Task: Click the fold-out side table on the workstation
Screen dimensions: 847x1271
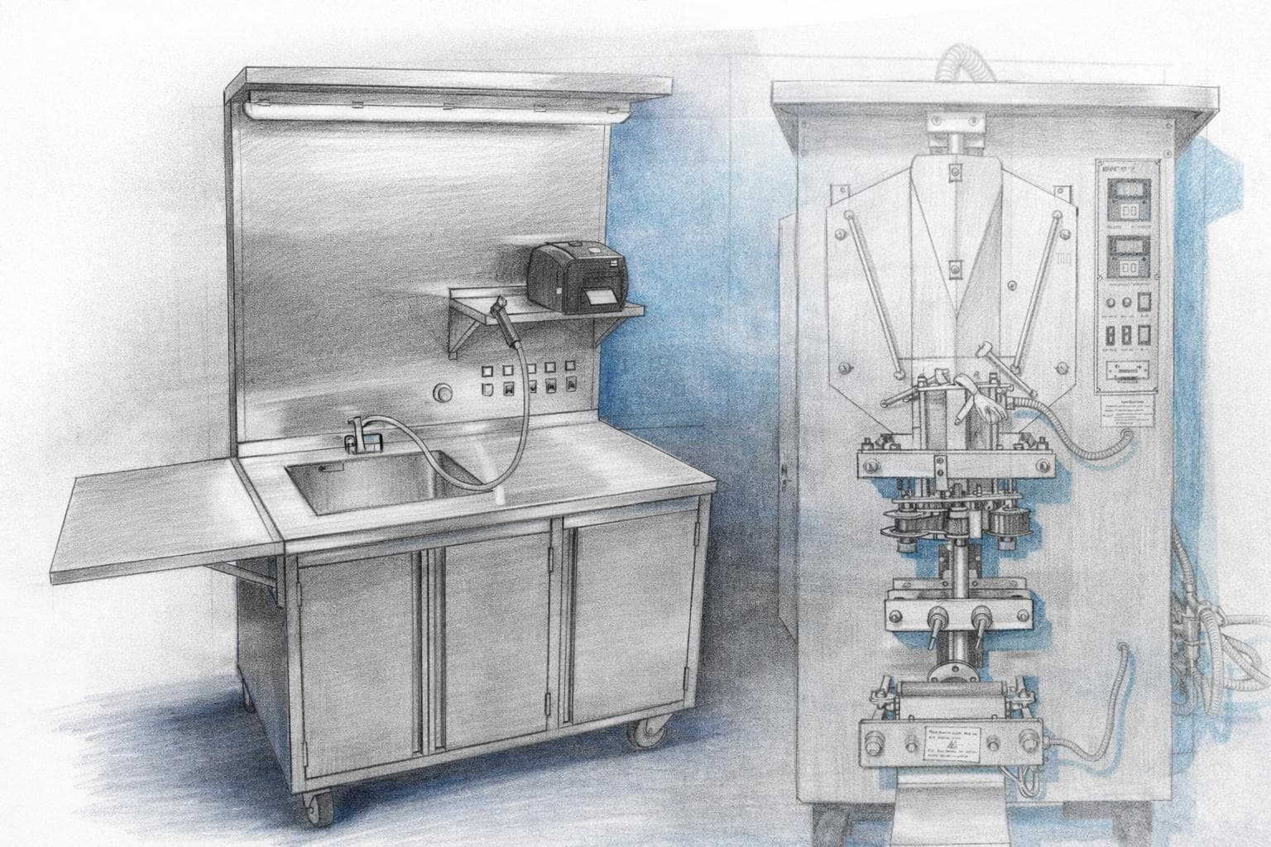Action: pyautogui.click(x=157, y=521)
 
